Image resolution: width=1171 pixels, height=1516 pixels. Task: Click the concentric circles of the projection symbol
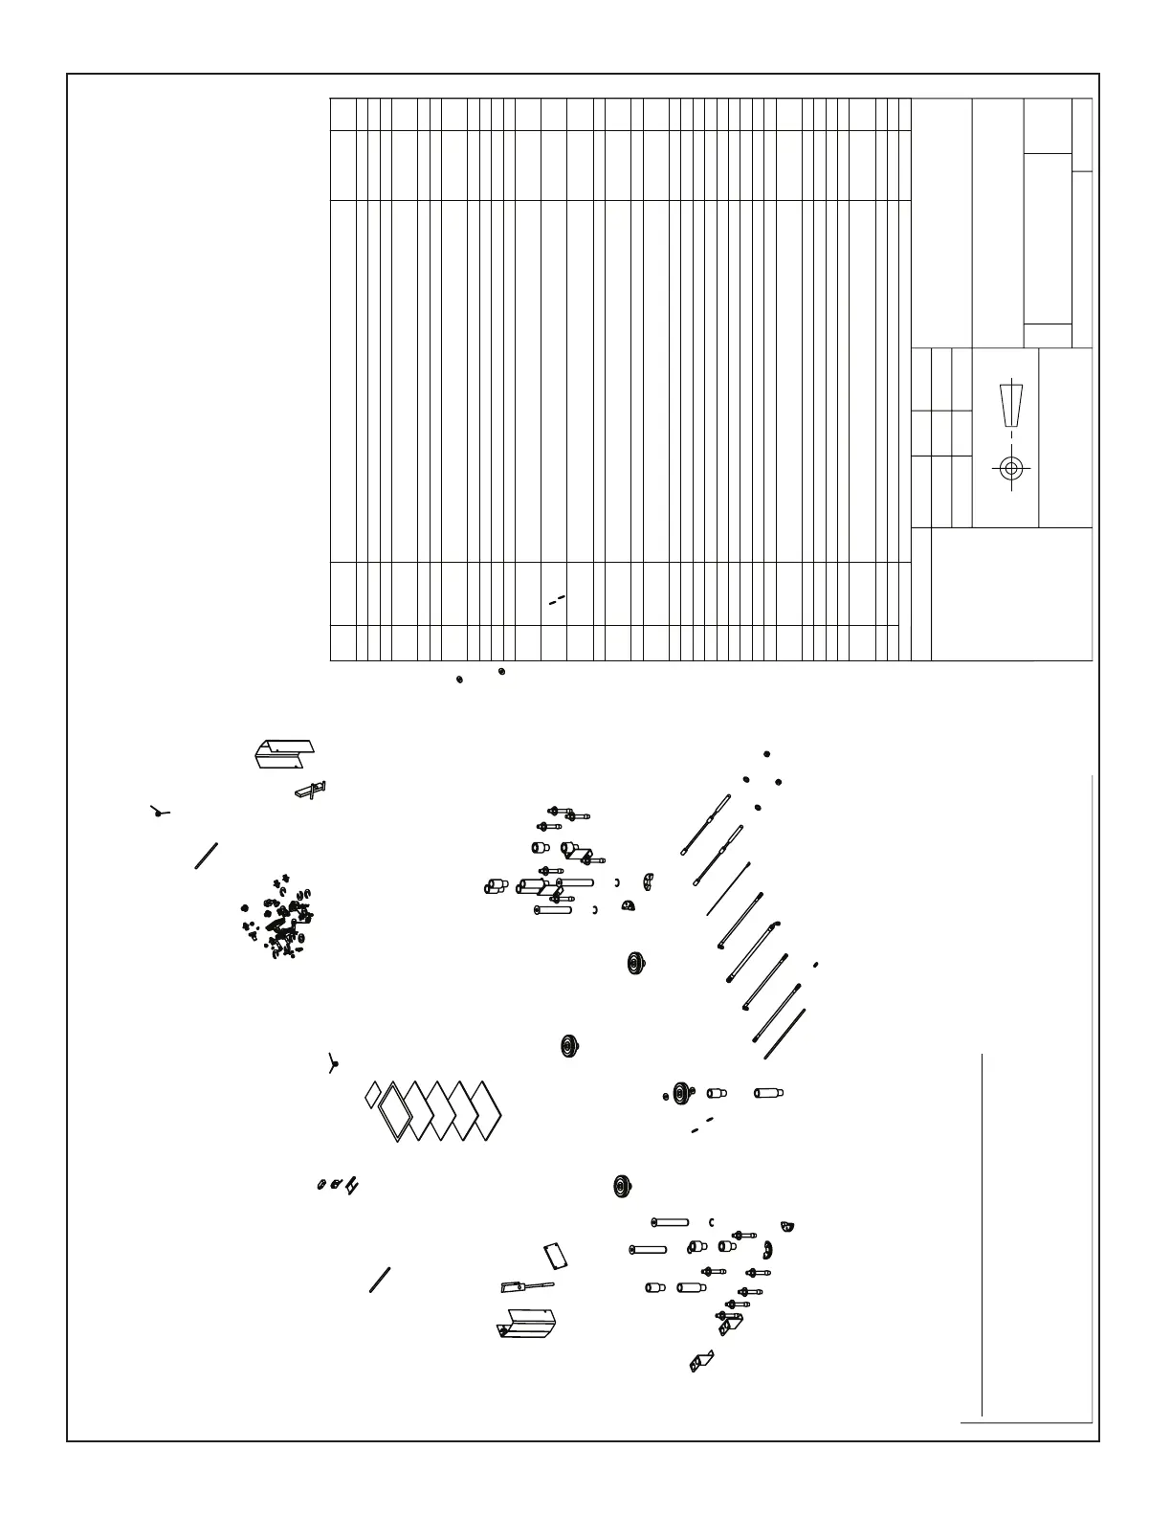click(1010, 468)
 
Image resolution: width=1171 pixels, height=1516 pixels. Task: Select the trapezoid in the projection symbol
click(1011, 407)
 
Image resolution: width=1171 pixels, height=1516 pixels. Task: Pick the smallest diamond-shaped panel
click(373, 1095)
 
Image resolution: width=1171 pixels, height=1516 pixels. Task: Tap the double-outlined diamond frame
click(395, 1113)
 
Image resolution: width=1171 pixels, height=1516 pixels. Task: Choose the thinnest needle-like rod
click(729, 888)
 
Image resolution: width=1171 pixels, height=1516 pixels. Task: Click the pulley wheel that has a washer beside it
click(681, 1093)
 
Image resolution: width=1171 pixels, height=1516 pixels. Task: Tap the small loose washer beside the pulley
click(666, 1097)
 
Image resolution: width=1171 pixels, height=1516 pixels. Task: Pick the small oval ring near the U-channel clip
click(321, 1187)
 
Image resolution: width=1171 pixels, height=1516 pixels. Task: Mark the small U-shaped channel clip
click(352, 1186)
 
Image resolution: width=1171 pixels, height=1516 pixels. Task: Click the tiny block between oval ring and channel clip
click(336, 1186)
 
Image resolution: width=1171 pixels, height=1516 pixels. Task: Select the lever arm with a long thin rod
click(525, 1284)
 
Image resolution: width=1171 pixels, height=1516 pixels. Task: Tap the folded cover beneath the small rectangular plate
click(526, 1325)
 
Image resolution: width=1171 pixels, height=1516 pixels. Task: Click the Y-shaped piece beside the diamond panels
click(333, 1063)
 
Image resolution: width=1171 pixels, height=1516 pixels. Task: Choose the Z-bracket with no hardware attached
click(701, 1360)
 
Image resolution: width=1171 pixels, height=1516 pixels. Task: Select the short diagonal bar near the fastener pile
click(208, 855)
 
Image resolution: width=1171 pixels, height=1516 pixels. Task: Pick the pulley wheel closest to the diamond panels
click(571, 1046)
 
